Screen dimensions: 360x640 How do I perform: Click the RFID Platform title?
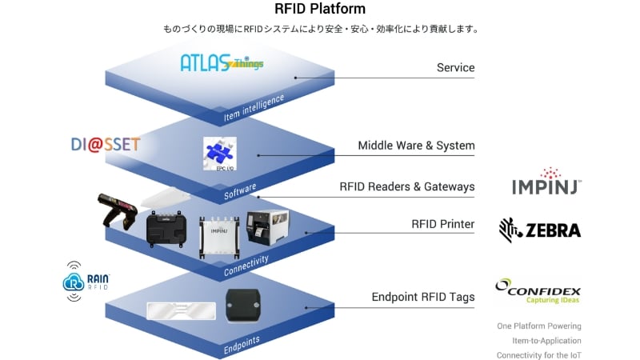tap(320, 10)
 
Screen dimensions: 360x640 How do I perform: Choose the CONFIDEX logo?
tap(538, 292)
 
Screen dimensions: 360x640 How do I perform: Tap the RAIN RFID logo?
tap(86, 281)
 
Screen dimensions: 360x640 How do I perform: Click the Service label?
tap(455, 68)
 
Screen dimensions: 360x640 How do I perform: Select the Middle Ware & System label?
tap(416, 146)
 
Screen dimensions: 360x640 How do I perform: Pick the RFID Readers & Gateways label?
tap(406, 186)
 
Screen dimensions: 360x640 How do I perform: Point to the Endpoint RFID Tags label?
tap(422, 297)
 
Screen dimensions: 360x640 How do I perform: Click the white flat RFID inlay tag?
tap(181, 309)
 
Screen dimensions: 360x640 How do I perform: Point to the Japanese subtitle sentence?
tap(320, 30)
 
